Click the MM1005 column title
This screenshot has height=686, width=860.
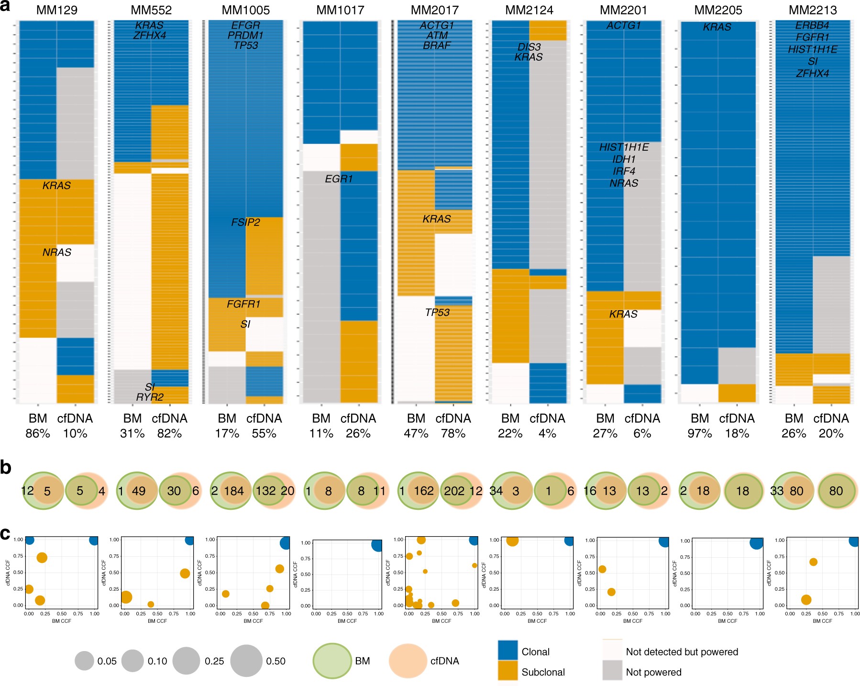(246, 10)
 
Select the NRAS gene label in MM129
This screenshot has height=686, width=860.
(56, 252)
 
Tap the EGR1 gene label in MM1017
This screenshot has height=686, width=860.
(339, 179)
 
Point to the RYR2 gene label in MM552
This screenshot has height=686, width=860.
(150, 397)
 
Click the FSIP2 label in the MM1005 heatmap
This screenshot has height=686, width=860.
(245, 222)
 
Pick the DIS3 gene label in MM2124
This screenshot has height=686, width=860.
(529, 47)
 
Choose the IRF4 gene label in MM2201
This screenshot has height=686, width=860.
(624, 171)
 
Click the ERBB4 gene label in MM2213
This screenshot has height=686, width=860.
(812, 25)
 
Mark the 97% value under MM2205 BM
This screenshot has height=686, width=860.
(700, 433)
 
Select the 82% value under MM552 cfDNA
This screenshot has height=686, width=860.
(169, 433)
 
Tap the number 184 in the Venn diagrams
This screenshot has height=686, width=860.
(234, 491)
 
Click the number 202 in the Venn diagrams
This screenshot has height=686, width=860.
(454, 491)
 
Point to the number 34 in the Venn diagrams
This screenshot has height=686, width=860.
(496, 491)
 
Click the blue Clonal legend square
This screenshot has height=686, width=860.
(507, 651)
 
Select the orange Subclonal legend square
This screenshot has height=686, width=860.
(507, 671)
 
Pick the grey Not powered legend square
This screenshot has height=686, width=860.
(612, 671)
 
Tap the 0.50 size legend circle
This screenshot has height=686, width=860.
(246, 661)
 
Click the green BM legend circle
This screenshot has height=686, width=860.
(332, 661)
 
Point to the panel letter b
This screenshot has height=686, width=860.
(6, 468)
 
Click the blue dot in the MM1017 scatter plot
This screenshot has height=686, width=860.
(377, 545)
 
